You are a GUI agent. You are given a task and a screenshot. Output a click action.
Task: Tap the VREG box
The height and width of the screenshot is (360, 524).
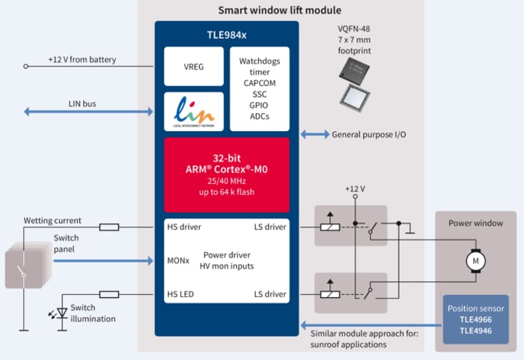pyautogui.click(x=194, y=66)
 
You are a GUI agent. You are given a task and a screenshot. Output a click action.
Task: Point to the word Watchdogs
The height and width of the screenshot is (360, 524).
pyautogui.click(x=259, y=61)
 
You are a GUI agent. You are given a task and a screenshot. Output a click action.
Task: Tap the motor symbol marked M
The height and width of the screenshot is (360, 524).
pyautogui.click(x=473, y=260)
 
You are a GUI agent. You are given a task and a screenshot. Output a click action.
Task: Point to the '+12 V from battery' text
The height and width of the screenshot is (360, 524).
pyautogui.click(x=82, y=60)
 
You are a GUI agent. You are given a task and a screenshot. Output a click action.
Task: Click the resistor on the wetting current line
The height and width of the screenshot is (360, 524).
pyautogui.click(x=109, y=227)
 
